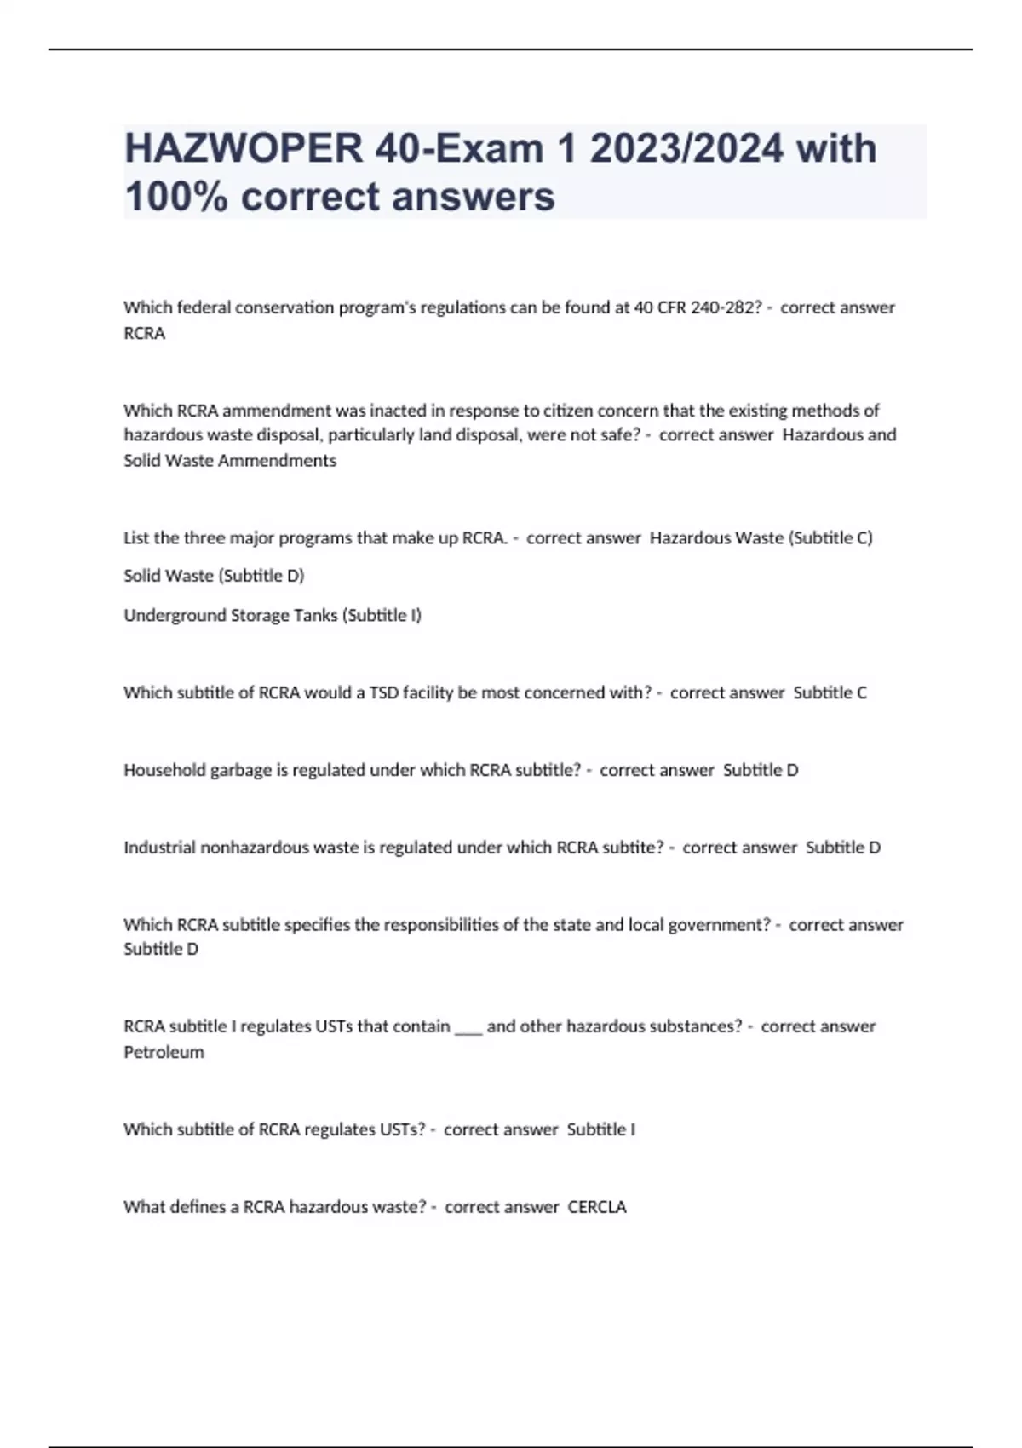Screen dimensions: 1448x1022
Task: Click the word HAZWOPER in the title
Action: (x=243, y=148)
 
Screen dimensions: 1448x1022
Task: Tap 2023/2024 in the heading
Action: (x=686, y=148)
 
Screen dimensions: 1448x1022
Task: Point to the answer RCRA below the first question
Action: (x=145, y=334)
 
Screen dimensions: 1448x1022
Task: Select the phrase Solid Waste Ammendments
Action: (x=230, y=461)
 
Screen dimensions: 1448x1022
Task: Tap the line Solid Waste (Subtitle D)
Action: (x=214, y=576)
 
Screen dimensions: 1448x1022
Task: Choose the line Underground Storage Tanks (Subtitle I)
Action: (x=273, y=615)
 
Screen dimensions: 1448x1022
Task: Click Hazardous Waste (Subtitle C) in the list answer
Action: (x=761, y=537)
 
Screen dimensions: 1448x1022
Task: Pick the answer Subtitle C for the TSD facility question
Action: (x=830, y=692)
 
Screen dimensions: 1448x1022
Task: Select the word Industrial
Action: (x=159, y=848)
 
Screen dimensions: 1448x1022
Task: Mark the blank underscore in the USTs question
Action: (x=468, y=1027)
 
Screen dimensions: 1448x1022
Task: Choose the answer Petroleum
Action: (x=164, y=1053)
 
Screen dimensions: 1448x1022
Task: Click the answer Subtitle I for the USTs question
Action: (x=601, y=1129)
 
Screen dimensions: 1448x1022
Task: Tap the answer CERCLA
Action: (x=597, y=1207)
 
